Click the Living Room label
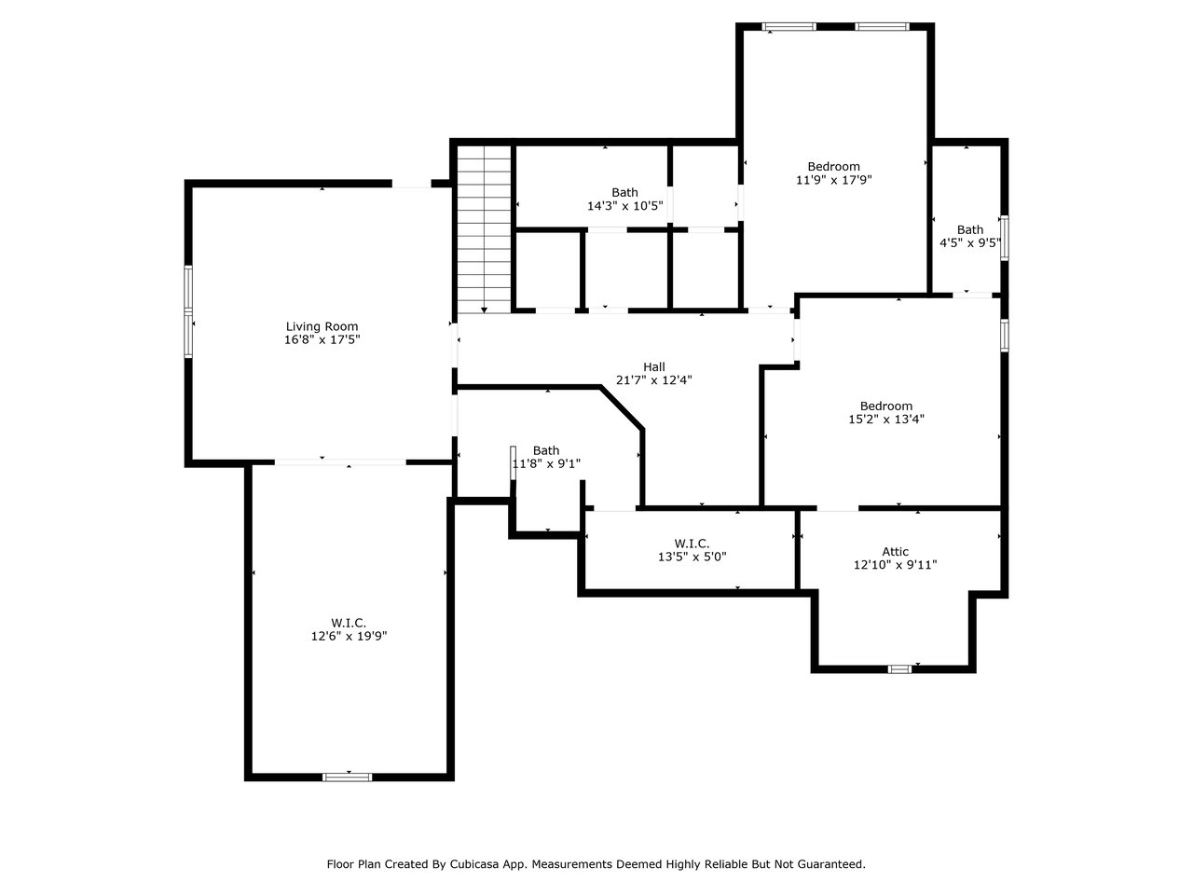322,326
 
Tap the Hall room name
654,366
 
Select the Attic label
895,552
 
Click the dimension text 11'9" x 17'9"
834,180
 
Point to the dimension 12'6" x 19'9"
349,636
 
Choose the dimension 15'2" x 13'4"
886,419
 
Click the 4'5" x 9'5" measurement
970,243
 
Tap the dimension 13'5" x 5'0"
692,557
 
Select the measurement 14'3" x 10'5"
625,206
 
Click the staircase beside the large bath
484,228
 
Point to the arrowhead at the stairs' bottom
484,310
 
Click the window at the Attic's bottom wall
899,669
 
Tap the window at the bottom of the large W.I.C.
348,778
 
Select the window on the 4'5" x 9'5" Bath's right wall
1005,238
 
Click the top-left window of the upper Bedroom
788,26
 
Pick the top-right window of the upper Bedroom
882,26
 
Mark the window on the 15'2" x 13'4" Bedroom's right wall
1005,336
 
